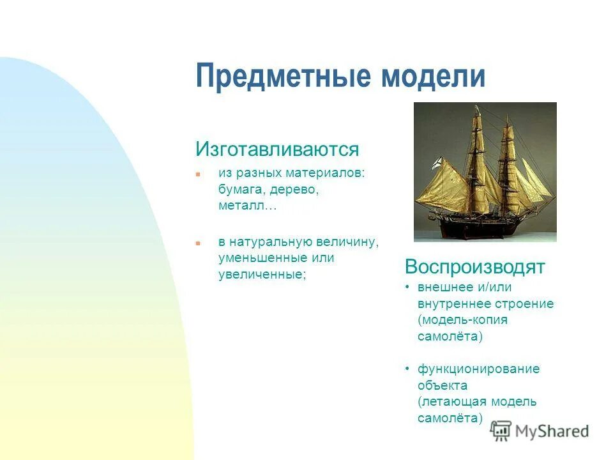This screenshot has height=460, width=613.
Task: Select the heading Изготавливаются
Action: (277, 150)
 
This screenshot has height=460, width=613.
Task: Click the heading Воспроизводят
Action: (474, 266)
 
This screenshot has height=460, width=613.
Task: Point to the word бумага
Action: (241, 190)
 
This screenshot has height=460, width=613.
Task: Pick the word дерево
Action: (294, 190)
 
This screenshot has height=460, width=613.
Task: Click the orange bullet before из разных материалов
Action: (198, 174)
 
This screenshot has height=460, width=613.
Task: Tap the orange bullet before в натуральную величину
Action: (198, 243)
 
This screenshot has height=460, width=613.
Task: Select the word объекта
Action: (442, 385)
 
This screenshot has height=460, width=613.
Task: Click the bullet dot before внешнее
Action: (407, 287)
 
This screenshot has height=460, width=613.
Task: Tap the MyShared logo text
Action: (552, 431)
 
